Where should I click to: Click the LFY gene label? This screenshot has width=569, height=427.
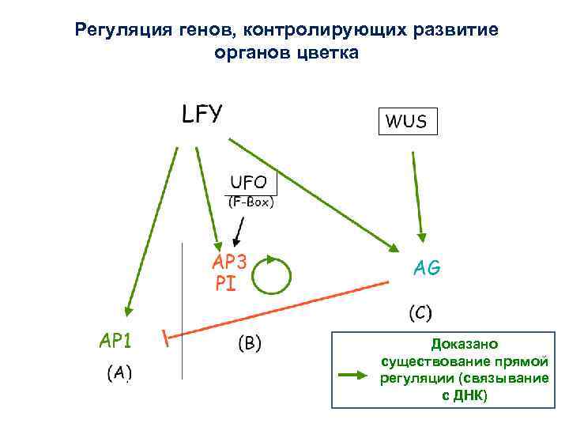click(202, 114)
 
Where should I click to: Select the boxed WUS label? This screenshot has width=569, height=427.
click(406, 122)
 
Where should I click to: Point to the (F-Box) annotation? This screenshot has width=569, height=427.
click(250, 202)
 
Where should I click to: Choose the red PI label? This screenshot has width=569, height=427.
click(225, 283)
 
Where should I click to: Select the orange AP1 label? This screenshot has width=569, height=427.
click(115, 340)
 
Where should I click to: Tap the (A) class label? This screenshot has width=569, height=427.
click(119, 372)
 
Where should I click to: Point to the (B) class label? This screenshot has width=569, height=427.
click(250, 343)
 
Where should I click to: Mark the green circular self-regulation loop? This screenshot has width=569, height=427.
click(271, 274)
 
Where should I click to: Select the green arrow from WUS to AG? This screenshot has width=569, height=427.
click(416, 194)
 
